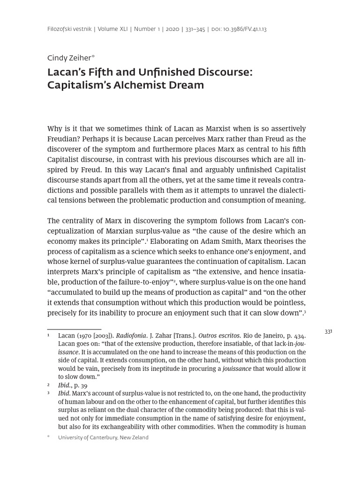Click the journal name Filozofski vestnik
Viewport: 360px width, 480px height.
click(x=69, y=29)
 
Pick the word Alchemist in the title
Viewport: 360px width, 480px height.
click(x=135, y=85)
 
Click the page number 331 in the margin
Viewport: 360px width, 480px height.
click(x=328, y=331)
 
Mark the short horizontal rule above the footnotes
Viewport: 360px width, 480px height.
click(x=74, y=330)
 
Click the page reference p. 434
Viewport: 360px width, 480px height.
click(x=296, y=336)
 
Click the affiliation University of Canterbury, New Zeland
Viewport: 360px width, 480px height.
click(x=103, y=437)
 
